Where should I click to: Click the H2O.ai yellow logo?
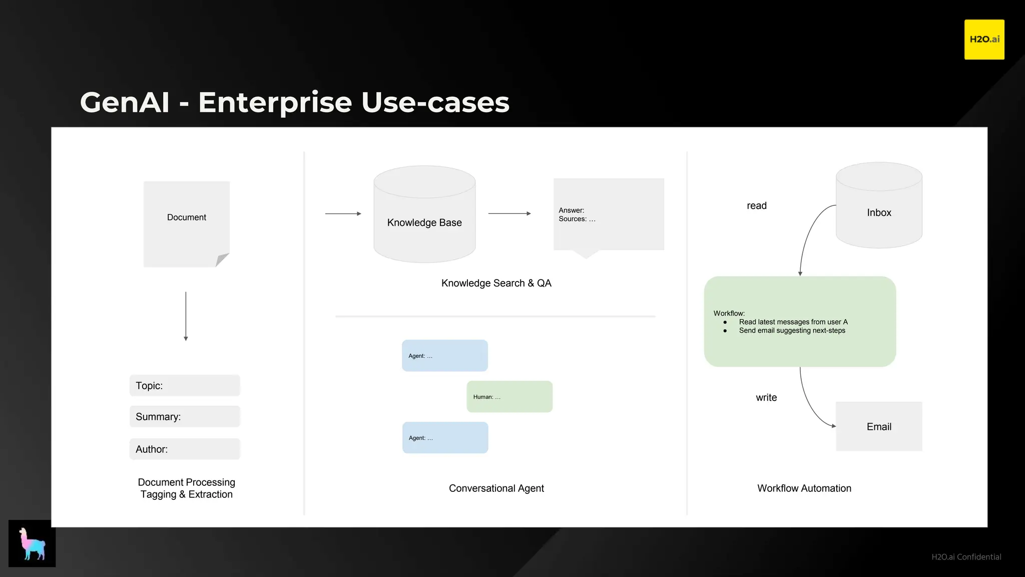point(984,40)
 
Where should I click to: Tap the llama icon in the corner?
point(32,543)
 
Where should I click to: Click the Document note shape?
point(186,224)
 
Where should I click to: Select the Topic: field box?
point(185,386)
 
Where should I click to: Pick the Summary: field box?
point(185,417)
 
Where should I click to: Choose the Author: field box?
point(185,449)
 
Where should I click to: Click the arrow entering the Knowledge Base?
point(343,214)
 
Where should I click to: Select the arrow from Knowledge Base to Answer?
point(509,214)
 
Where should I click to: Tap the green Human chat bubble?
point(509,397)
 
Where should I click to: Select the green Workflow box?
point(800,322)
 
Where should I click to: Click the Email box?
point(879,427)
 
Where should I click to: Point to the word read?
point(757,206)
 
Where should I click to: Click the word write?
point(766,398)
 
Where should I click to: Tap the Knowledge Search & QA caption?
point(496,283)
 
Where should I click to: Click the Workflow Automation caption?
point(804,488)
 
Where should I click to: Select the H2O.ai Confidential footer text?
point(966,557)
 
